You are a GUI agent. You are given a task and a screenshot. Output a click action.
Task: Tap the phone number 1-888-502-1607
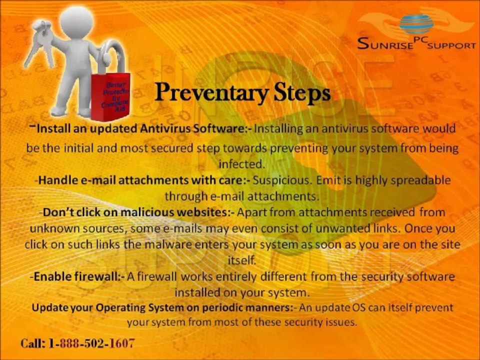[x=92, y=343]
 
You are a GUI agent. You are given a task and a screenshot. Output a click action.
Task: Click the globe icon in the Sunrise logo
[x=416, y=24]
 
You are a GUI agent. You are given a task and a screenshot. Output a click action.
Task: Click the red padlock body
[x=112, y=95]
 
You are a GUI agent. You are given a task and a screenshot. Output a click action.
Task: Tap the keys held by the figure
[x=44, y=37]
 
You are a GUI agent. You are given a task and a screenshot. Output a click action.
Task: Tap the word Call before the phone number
[x=33, y=343]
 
